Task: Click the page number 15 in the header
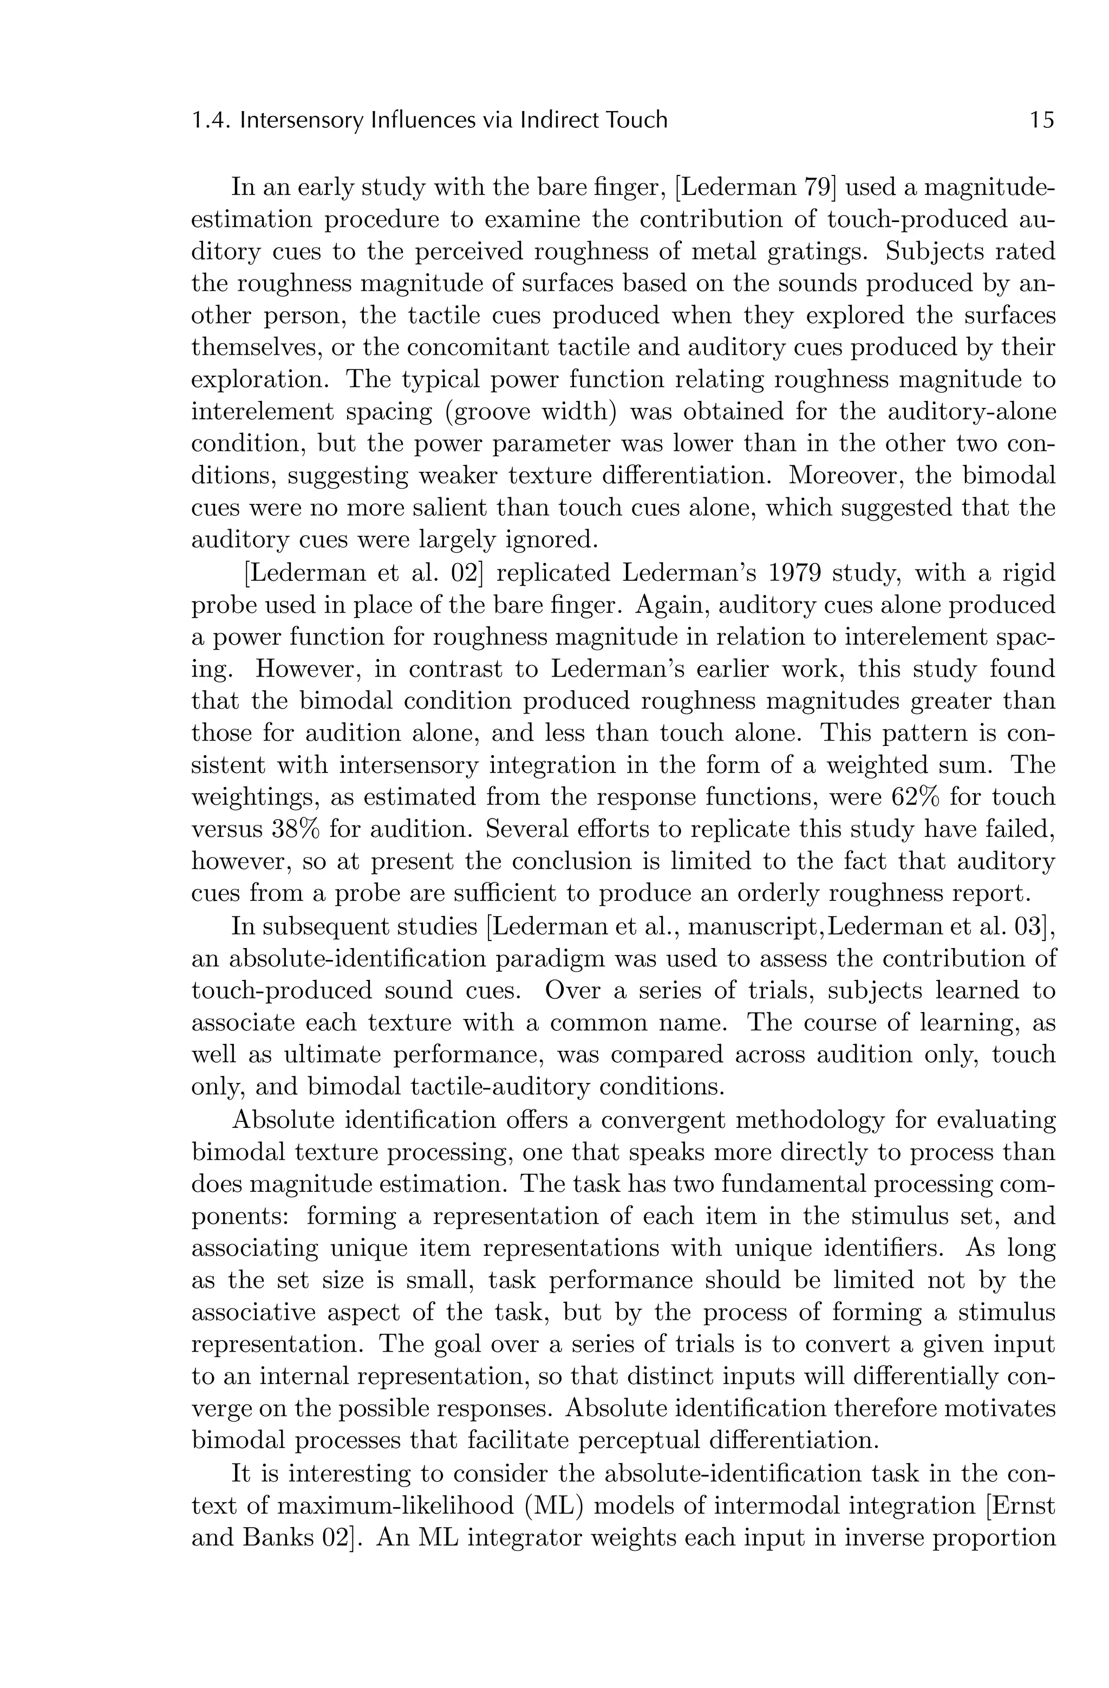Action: click(1041, 120)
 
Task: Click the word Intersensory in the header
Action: click(303, 120)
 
